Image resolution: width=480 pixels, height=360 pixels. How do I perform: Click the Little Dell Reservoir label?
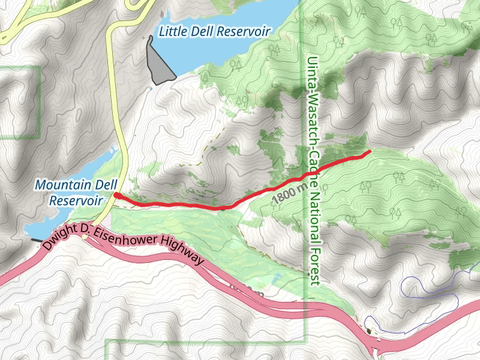tap(214, 31)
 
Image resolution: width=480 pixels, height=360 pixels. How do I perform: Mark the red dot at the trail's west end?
tap(116, 196)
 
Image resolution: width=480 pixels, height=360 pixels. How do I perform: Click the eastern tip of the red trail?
tap(367, 151)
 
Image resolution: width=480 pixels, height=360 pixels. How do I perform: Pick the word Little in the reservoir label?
tap(171, 31)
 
